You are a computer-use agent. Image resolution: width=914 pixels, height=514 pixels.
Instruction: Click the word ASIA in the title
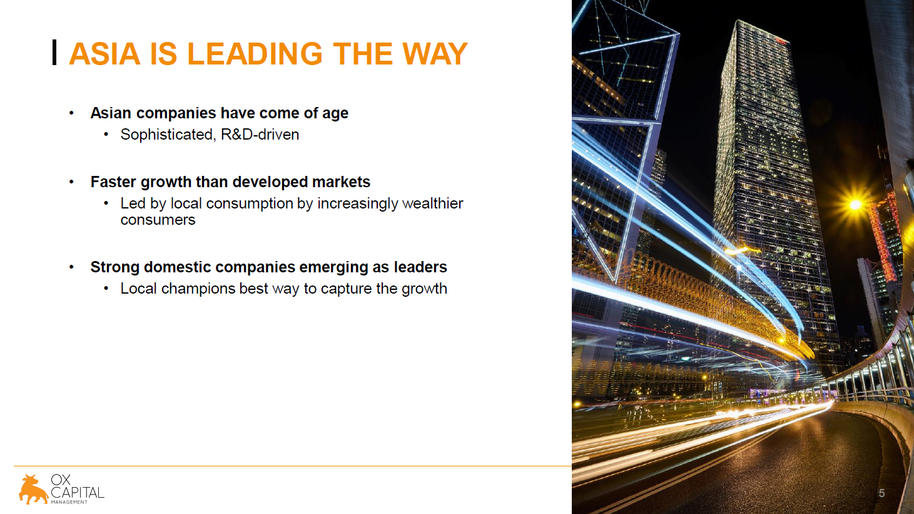105,54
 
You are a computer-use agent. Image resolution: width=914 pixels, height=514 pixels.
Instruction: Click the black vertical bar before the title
54,52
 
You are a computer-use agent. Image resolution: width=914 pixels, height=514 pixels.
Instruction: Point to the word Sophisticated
166,135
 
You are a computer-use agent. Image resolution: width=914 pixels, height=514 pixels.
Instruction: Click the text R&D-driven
260,135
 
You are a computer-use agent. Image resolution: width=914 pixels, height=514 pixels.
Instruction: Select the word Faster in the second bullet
113,182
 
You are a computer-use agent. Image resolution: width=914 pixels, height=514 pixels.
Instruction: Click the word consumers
158,220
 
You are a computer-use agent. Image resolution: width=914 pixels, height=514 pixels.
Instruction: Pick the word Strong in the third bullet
114,267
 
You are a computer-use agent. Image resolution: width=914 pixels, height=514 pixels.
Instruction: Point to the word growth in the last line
424,289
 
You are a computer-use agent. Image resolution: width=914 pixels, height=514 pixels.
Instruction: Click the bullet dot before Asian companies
71,113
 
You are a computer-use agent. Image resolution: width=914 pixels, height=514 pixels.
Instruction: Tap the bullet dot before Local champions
106,289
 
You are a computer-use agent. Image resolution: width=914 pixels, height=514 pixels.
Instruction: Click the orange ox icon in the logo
33,489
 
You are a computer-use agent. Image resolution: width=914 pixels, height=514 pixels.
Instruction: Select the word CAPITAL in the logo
78,492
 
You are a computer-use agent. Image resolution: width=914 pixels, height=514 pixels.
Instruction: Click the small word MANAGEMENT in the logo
69,502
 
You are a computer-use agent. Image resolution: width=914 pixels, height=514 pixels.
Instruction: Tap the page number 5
881,493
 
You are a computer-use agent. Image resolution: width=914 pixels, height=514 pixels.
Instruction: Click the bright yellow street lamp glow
856,203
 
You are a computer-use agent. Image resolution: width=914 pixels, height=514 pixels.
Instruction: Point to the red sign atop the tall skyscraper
780,40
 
